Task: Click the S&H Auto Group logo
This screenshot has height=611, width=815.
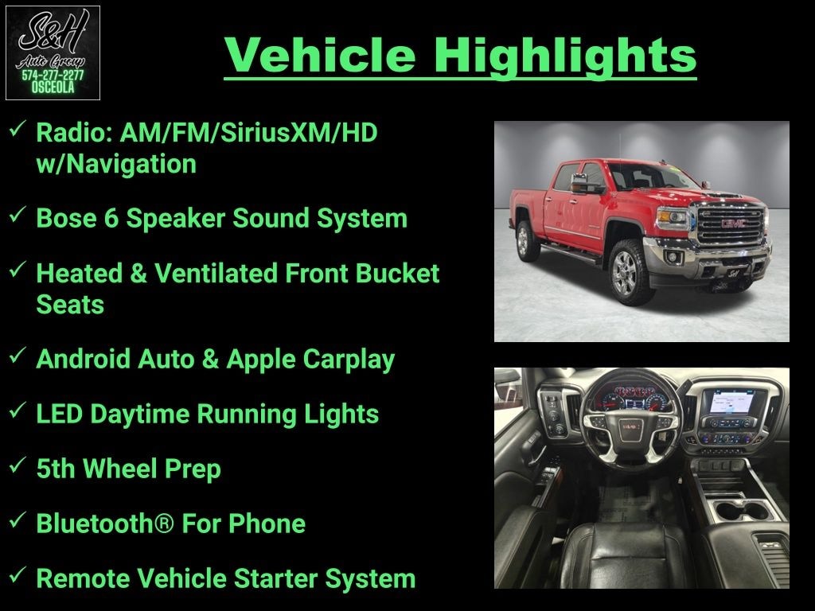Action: pos(53,53)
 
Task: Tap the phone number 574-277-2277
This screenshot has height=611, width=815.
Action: pos(53,76)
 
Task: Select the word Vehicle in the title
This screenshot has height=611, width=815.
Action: pos(320,55)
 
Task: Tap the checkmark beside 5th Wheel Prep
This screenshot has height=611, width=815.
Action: pos(18,464)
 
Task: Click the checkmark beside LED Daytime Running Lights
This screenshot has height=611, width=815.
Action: pos(18,410)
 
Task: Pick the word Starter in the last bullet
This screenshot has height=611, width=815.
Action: pos(275,578)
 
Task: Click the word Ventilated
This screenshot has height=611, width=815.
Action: pos(216,274)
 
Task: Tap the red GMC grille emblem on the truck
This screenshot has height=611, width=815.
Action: pos(733,224)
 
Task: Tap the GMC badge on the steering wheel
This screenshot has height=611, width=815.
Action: pos(630,426)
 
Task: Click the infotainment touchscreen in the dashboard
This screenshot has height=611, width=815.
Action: pos(732,402)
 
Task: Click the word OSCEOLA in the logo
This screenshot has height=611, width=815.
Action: pos(53,88)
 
